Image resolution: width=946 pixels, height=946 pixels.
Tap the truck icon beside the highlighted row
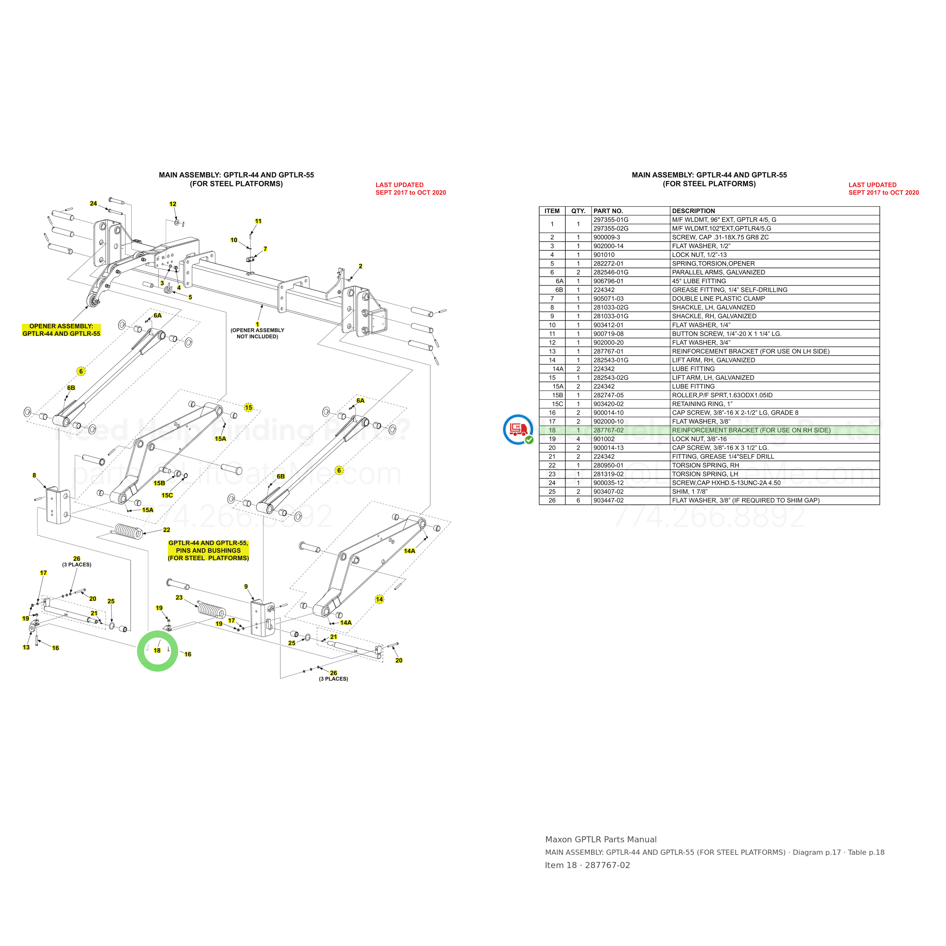[518, 429]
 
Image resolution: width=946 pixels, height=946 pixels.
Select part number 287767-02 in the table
[608, 430]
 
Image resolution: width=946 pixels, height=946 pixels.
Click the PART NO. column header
[608, 211]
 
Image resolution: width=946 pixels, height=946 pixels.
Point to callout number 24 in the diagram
[93, 204]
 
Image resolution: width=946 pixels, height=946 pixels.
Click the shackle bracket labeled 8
[58, 504]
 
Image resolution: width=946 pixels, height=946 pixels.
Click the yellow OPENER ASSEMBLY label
[61, 330]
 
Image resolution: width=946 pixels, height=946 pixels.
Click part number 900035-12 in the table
[608, 483]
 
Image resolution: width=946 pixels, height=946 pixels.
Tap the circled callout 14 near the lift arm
[380, 599]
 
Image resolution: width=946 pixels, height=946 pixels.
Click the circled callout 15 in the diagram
[249, 408]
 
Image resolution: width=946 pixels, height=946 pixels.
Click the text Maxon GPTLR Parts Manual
[601, 839]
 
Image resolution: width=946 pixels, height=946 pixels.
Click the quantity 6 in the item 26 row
[578, 500]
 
